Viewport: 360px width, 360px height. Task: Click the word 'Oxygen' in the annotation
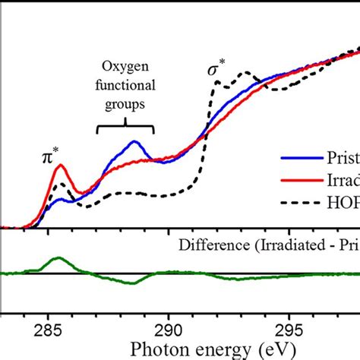point(125,68)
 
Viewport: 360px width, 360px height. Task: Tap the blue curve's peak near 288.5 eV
point(134,142)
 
